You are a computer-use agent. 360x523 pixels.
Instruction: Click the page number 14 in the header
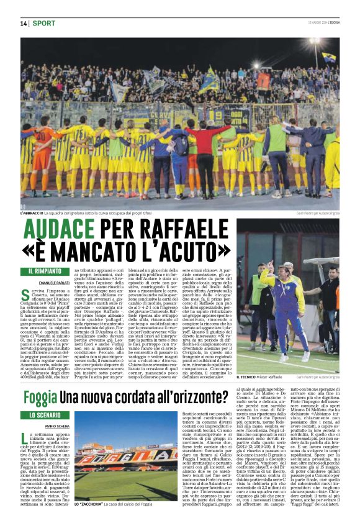[24, 23]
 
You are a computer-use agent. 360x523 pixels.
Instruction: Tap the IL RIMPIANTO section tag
[48, 271]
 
